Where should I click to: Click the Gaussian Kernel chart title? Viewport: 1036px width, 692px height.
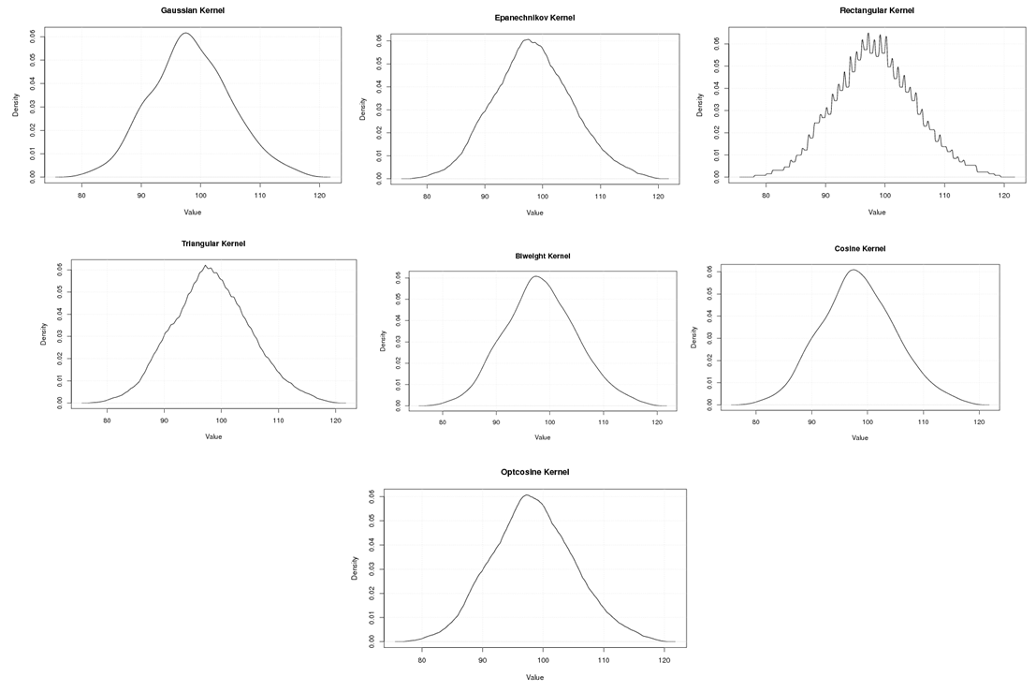click(x=192, y=9)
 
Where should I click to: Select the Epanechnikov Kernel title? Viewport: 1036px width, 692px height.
click(x=534, y=18)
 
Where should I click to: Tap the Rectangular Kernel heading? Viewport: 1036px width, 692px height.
click(x=877, y=10)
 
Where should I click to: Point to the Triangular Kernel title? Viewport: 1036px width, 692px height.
click(x=213, y=243)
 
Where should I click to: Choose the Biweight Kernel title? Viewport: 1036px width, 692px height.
click(x=542, y=256)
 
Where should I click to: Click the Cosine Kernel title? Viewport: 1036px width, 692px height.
click(x=859, y=248)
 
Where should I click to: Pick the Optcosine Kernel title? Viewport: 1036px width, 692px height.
click(x=534, y=472)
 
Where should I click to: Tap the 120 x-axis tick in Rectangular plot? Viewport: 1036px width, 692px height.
click(x=1004, y=197)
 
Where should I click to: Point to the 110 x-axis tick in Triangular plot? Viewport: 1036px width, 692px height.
click(x=278, y=422)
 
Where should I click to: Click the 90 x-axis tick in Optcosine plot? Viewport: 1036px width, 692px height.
click(x=483, y=661)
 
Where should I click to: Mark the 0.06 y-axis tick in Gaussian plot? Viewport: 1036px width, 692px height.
click(x=33, y=36)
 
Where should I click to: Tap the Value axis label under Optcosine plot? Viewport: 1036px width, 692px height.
click(x=534, y=677)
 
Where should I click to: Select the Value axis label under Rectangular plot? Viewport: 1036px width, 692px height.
click(x=877, y=212)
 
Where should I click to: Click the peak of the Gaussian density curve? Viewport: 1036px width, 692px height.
click(x=185, y=34)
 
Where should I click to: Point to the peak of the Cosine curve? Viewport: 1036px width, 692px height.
click(x=854, y=270)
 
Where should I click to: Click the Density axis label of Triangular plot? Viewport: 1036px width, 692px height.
click(x=43, y=335)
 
